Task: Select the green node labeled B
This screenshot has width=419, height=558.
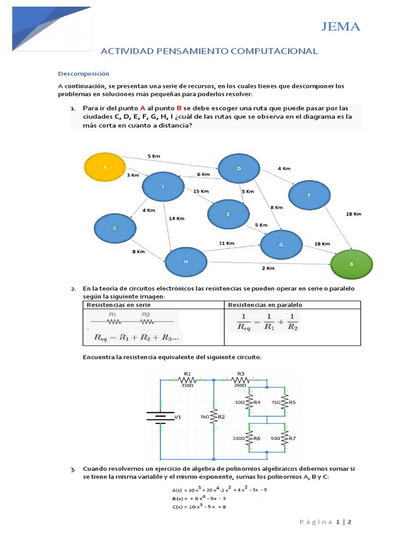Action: pyautogui.click(x=351, y=264)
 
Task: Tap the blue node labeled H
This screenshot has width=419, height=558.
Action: pyautogui.click(x=186, y=262)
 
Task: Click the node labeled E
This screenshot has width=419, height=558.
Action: pyautogui.click(x=229, y=213)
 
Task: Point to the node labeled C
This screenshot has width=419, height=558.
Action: pyautogui.click(x=115, y=229)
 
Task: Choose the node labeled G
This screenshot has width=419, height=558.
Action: pyautogui.click(x=281, y=245)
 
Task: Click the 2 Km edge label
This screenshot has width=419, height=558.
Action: pyautogui.click(x=268, y=268)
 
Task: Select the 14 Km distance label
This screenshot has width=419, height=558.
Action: pyautogui.click(x=176, y=219)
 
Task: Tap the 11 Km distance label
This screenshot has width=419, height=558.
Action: pyautogui.click(x=226, y=242)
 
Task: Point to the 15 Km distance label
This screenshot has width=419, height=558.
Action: pyautogui.click(x=201, y=191)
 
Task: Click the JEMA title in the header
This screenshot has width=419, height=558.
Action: pyautogui.click(x=341, y=27)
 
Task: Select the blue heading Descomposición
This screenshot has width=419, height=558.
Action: pyautogui.click(x=84, y=74)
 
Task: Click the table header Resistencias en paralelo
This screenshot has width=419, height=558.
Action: pyautogui.click(x=265, y=305)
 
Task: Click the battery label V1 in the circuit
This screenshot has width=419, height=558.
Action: pyautogui.click(x=177, y=417)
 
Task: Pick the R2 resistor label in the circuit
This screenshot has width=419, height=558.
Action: pyautogui.click(x=222, y=417)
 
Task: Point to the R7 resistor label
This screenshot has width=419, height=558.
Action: pyautogui.click(x=292, y=438)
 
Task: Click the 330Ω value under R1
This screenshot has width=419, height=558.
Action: pyautogui.click(x=187, y=384)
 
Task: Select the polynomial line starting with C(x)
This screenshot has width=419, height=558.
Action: pyautogui.click(x=199, y=507)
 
